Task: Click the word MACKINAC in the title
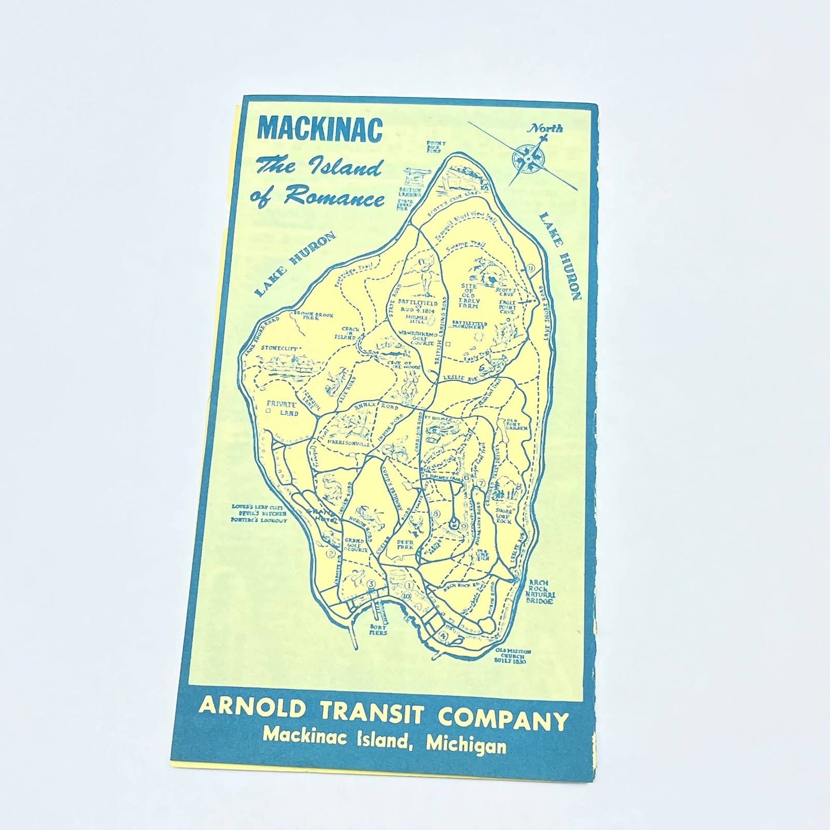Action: (320, 129)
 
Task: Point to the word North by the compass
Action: (546, 128)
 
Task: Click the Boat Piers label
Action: (378, 629)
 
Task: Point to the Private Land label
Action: (282, 408)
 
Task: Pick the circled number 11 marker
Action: (531, 268)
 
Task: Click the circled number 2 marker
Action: (331, 554)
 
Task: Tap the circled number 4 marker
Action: (443, 636)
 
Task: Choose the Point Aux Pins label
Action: (434, 147)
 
